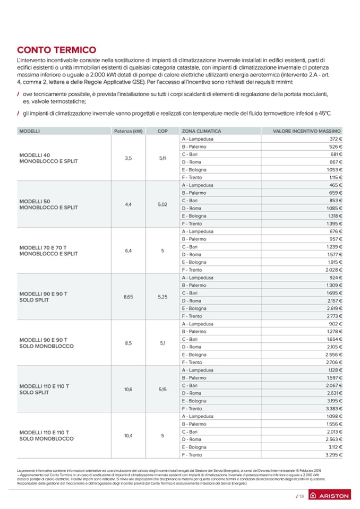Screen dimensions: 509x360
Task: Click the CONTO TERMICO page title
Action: point(56,50)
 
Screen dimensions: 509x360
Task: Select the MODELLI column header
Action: point(30,131)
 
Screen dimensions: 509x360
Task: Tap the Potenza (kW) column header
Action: point(128,131)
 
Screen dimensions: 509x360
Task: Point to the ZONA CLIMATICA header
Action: point(201,131)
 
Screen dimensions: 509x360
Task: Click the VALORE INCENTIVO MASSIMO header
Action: point(306,131)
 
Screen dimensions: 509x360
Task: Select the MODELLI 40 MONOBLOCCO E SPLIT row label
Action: point(48,158)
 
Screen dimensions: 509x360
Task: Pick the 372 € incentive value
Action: point(334,139)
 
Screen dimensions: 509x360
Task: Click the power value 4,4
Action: point(128,204)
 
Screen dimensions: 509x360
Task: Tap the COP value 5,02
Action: point(162,204)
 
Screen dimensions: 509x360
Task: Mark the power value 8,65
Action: point(128,297)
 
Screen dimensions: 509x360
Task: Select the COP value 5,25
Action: point(162,297)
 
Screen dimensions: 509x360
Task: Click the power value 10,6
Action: point(128,389)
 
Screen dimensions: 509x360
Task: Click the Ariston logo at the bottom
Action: point(329,496)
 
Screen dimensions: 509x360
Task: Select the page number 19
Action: point(300,496)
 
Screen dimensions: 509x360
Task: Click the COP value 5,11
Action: point(162,158)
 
